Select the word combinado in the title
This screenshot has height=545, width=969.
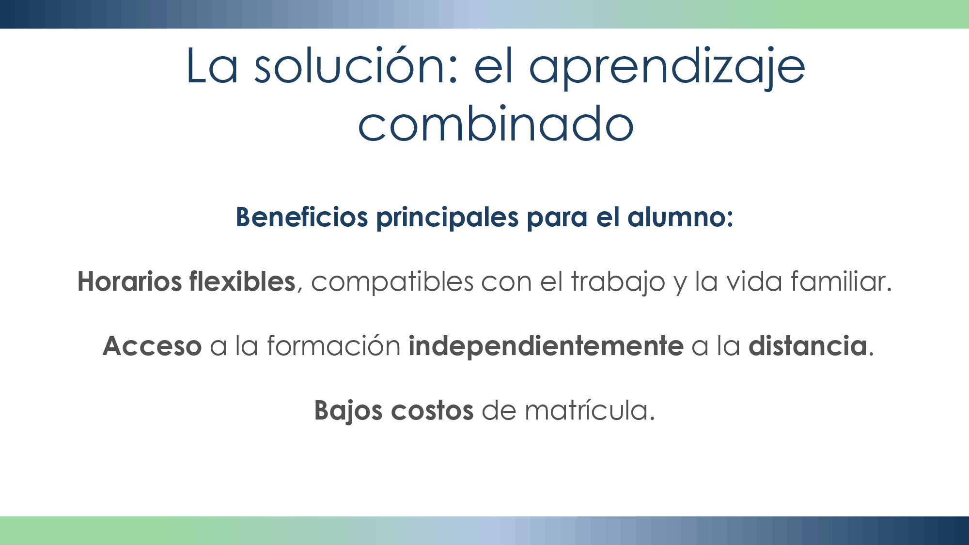click(496, 124)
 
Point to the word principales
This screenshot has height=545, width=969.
click(447, 218)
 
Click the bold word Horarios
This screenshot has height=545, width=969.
click(129, 281)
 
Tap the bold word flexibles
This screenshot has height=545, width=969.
click(242, 281)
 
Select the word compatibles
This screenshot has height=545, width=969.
click(392, 281)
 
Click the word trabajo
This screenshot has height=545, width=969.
click(618, 282)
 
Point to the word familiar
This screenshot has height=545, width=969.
click(841, 281)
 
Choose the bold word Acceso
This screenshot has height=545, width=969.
click(152, 346)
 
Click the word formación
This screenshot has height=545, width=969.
click(333, 346)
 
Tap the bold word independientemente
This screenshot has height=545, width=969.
click(546, 346)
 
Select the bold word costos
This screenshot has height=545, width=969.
click(432, 411)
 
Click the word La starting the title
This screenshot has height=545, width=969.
click(212, 66)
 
